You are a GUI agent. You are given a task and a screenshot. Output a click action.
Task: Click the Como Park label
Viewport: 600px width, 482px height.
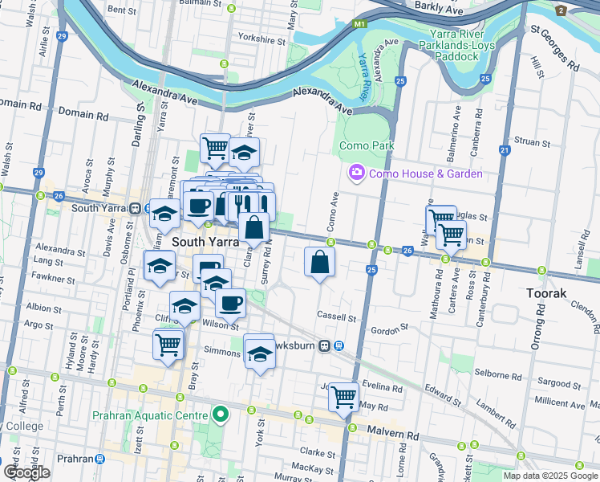tap(367, 145)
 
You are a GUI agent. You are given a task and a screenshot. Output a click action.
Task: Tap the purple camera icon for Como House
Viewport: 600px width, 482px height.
tap(356, 173)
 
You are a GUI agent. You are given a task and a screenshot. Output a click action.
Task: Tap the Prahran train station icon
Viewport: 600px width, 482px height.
tap(99, 459)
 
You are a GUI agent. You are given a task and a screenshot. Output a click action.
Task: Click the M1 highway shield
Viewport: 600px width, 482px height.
tap(359, 25)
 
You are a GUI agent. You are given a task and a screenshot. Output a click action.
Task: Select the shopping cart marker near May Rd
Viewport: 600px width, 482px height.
tap(344, 395)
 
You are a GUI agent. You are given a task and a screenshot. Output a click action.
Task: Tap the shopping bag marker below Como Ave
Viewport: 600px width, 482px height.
tap(319, 262)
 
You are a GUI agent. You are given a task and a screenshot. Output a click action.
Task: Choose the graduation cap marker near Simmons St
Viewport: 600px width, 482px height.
tap(259, 353)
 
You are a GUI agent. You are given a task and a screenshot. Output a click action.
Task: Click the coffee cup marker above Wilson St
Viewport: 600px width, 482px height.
tap(231, 303)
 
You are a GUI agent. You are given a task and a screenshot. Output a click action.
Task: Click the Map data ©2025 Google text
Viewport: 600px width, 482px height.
tap(549, 476)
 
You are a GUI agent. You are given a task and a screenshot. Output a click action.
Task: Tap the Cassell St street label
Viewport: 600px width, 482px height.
tap(336, 317)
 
